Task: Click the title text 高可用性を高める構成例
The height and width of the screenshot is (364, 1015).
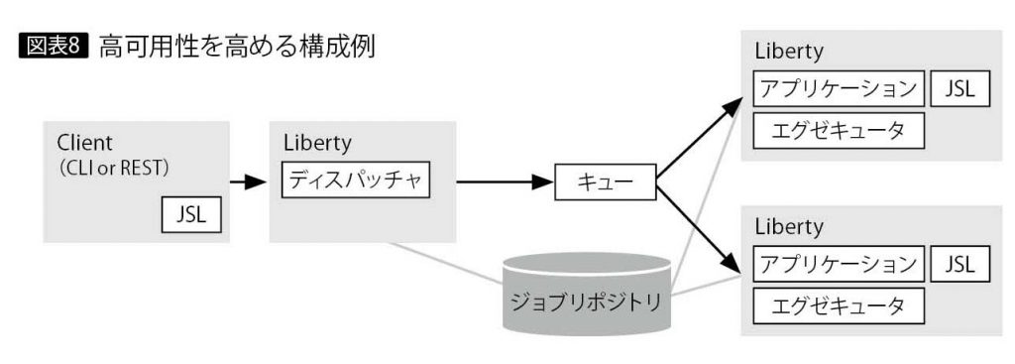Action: (x=236, y=47)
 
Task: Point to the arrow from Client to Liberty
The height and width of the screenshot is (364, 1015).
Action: (x=249, y=182)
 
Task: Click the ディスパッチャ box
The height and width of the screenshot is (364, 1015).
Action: (x=356, y=182)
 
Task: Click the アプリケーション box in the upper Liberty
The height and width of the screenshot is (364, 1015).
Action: (x=838, y=88)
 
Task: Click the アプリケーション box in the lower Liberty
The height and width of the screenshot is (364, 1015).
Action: (x=838, y=264)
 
